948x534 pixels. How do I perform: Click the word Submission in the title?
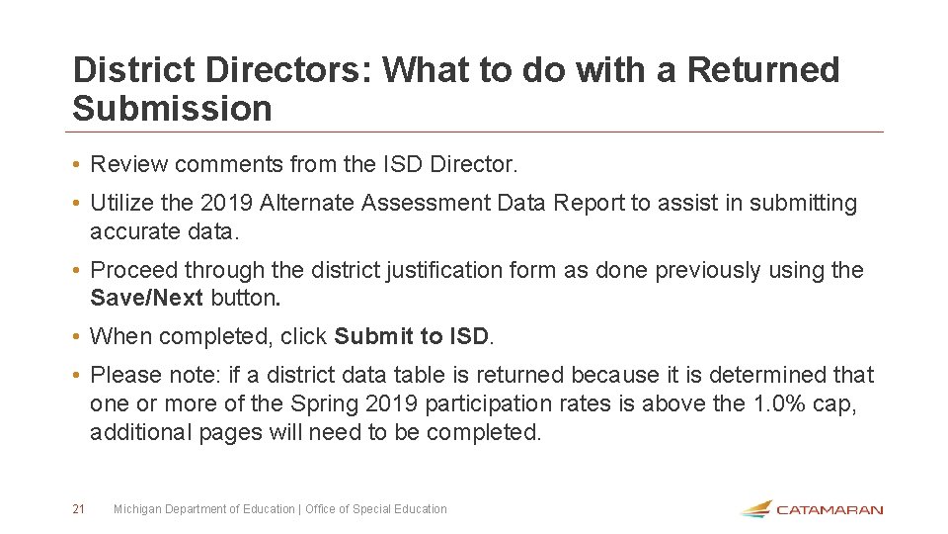(x=172, y=109)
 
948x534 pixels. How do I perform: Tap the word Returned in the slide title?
(x=762, y=70)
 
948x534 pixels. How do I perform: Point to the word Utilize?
(x=121, y=204)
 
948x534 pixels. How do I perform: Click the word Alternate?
(x=307, y=204)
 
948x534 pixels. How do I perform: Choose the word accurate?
(x=132, y=231)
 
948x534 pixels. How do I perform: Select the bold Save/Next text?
(x=146, y=298)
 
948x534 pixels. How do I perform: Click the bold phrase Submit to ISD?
(x=411, y=336)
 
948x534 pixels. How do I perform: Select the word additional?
(x=136, y=432)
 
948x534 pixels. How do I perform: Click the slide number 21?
(x=78, y=509)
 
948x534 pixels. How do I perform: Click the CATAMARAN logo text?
(x=829, y=510)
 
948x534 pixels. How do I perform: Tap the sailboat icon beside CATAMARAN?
(x=755, y=508)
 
